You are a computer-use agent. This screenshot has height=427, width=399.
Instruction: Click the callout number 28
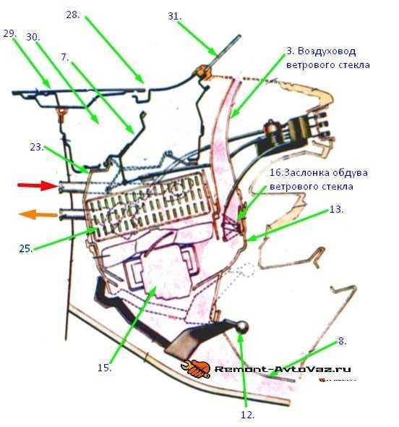point(73,14)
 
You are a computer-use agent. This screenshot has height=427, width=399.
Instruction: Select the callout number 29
point(10,34)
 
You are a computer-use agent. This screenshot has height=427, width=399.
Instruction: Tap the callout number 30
point(33,37)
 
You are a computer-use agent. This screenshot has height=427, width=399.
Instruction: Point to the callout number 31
point(174,17)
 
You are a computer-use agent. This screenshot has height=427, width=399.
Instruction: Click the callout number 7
point(65,57)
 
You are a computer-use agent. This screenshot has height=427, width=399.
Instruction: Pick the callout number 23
point(37,148)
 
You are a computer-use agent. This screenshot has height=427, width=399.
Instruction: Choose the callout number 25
point(26,248)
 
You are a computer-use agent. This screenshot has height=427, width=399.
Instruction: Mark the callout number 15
point(104,368)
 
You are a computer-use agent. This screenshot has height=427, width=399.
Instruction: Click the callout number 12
point(247,415)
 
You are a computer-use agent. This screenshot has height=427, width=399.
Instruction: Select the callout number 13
point(336,209)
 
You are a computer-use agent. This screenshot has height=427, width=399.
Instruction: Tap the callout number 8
point(342,341)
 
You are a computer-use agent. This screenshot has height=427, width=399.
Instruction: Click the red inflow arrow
point(38,185)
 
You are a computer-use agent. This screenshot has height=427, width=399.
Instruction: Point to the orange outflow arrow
point(38,214)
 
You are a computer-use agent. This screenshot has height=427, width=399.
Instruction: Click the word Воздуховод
point(327,51)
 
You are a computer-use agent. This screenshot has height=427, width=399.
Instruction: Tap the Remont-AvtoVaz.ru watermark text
point(283,369)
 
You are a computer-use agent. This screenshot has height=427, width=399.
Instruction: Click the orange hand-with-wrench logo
point(196,368)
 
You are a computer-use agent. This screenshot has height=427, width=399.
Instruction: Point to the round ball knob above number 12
point(241,327)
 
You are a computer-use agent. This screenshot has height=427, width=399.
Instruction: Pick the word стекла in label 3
point(353,65)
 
